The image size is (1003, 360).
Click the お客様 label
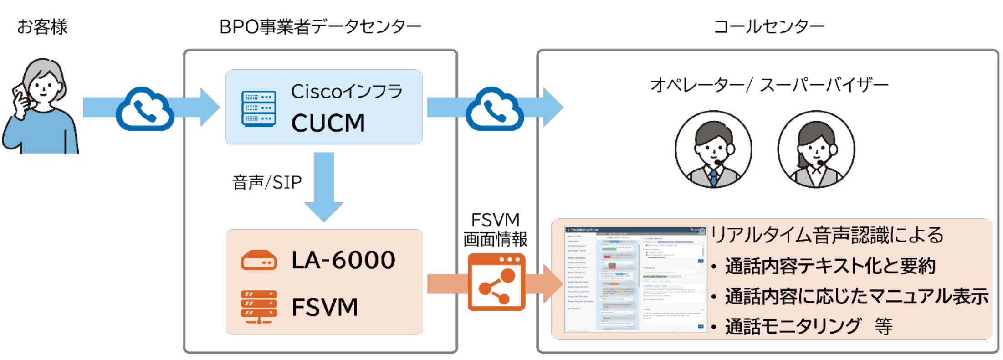(42, 26)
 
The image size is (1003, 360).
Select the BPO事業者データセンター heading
(320, 26)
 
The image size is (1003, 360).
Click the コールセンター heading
(768, 26)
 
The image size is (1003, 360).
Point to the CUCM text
(328, 123)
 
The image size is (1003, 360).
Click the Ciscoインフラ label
(347, 92)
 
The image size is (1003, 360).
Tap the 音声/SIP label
(267, 182)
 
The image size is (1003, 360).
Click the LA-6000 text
(343, 260)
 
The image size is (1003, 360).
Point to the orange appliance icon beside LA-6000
(259, 261)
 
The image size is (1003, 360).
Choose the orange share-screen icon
(496, 282)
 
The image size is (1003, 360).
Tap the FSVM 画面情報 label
(495, 230)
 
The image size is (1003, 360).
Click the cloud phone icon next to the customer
(145, 109)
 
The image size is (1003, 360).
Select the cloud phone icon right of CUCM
(495, 109)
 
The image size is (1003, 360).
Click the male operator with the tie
(713, 149)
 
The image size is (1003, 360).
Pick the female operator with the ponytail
(816, 149)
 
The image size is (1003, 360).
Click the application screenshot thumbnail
(635, 279)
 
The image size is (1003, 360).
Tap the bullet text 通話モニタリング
(793, 326)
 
